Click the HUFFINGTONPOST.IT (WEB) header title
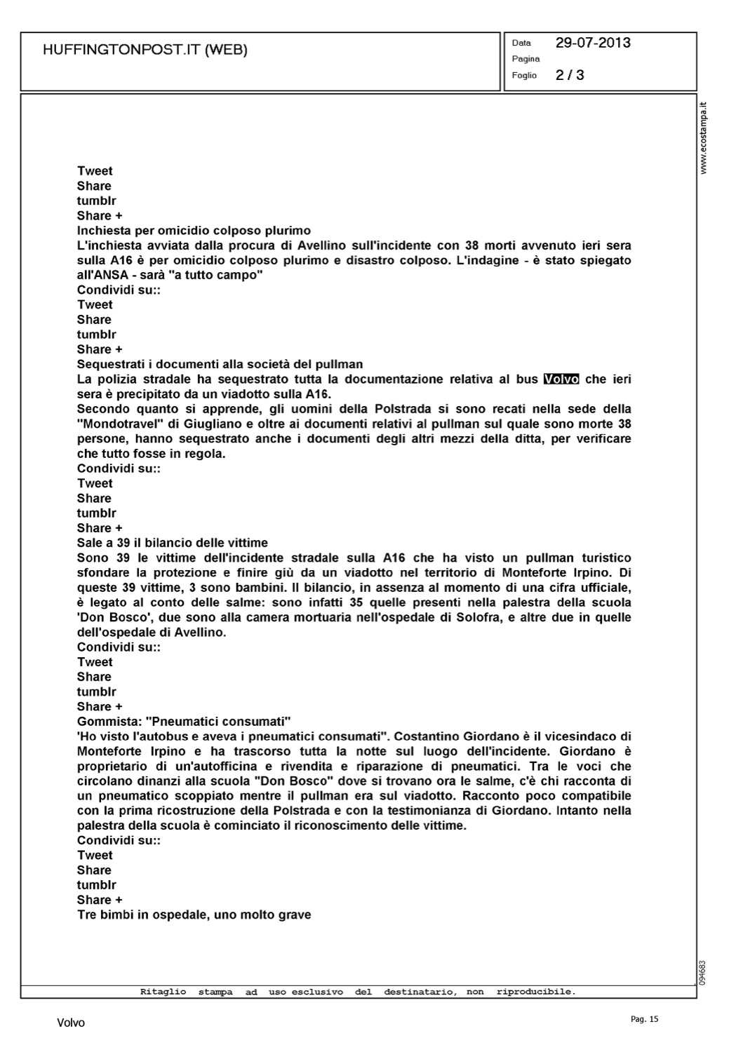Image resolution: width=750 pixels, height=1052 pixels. pos(145,50)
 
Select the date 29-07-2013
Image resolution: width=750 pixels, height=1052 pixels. pos(593,43)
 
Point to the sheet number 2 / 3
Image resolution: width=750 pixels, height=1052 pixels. pos(570,75)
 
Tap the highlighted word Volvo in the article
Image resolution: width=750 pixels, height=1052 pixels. pos(561,379)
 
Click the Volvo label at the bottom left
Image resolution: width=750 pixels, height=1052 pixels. pos(71,1023)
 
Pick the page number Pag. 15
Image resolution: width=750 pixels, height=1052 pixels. pos(645,1020)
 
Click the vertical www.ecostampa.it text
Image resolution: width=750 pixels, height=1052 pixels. pos(704,138)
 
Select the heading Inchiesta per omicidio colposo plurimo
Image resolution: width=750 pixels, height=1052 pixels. pos(194,231)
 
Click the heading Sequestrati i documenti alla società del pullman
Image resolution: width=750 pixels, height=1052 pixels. pos(220,365)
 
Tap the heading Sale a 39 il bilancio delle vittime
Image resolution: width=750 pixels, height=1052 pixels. pos(173,543)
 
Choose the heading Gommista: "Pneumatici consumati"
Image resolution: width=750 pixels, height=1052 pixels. pos(184,722)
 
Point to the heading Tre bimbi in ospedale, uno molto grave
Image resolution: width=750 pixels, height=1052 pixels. pos(194,915)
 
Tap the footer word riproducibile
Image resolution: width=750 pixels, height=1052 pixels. pos(536,992)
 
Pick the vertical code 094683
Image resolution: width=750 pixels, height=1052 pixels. pos(704,972)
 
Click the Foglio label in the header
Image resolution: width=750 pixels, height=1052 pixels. pos(524,76)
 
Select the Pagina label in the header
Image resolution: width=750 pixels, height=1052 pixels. pos(525,59)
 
